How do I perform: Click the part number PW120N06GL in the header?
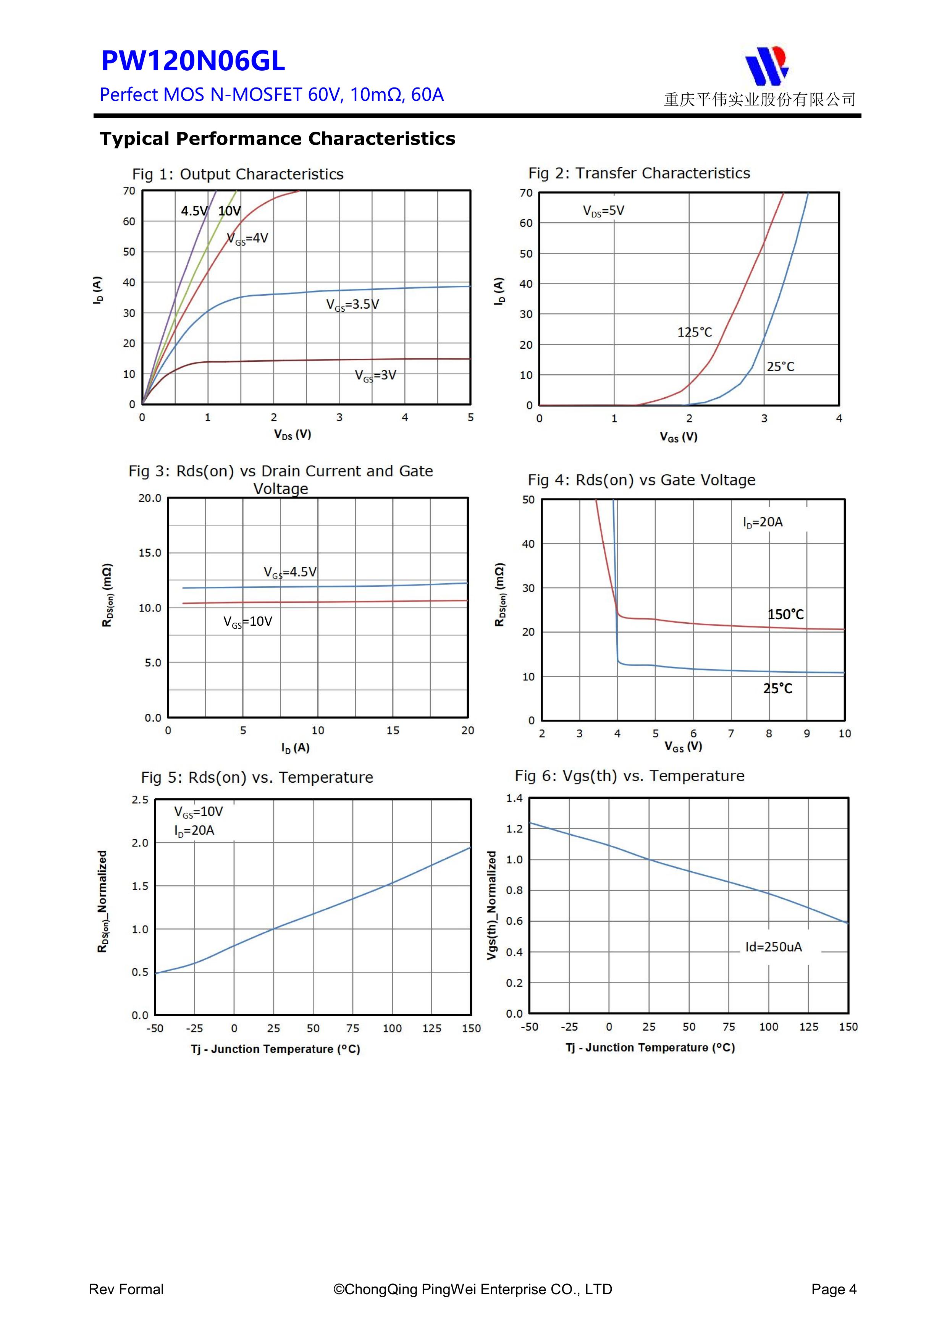(x=193, y=61)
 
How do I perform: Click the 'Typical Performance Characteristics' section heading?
(x=277, y=139)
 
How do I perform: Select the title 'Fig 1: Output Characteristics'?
(x=238, y=174)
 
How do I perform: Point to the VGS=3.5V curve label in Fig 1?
(x=352, y=305)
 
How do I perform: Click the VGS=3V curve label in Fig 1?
(x=375, y=375)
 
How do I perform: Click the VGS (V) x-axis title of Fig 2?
(x=679, y=437)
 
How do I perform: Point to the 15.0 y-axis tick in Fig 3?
(x=150, y=553)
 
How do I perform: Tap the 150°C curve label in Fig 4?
(x=785, y=615)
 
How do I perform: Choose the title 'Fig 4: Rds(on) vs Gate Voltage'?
(x=641, y=480)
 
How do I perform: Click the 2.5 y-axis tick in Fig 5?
(x=140, y=799)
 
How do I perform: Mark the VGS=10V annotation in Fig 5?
(x=199, y=812)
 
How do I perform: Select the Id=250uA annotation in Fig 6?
(x=773, y=947)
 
